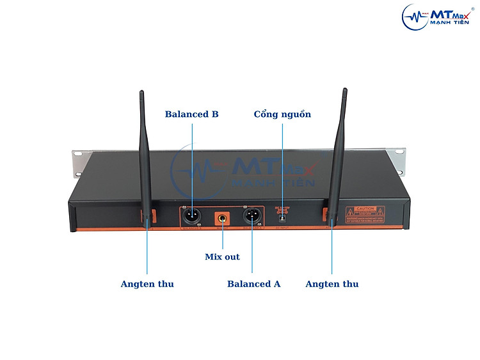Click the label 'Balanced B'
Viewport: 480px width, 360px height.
(x=191, y=114)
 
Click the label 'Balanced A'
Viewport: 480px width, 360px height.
(x=253, y=284)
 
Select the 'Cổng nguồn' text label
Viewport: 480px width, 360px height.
(x=282, y=114)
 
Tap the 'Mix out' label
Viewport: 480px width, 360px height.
(x=222, y=256)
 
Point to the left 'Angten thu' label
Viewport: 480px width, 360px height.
(x=147, y=284)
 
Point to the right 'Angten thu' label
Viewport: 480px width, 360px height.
(x=332, y=284)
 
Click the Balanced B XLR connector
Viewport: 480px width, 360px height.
(x=192, y=217)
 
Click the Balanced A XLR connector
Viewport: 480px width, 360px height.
(x=252, y=217)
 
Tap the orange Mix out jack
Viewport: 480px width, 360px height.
(x=222, y=218)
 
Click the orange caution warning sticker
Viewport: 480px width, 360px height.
(x=365, y=213)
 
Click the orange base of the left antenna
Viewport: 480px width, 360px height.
(x=145, y=215)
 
